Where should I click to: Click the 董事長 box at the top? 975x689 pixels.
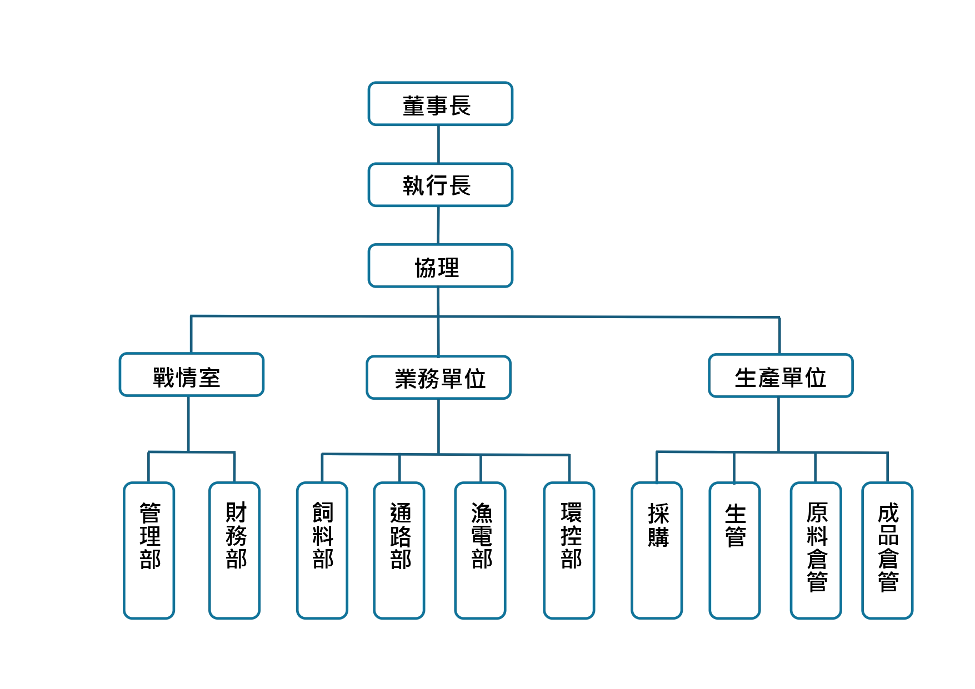(440, 104)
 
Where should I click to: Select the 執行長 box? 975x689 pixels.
(440, 185)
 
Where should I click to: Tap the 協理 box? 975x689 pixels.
(440, 266)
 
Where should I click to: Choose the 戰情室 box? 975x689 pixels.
(191, 375)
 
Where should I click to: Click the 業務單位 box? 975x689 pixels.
(438, 378)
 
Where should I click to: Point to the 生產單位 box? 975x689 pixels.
(780, 376)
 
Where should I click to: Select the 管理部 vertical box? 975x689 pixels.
(149, 550)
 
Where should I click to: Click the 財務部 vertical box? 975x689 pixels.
(234, 550)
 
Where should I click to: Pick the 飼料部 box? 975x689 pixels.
(322, 550)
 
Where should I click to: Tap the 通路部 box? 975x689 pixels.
(399, 550)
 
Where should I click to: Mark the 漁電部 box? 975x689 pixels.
(480, 550)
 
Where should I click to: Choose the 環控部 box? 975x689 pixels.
(569, 550)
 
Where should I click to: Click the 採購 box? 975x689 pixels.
(657, 550)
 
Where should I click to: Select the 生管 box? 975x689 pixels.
(734, 550)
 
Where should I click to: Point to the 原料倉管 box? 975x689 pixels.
(816, 550)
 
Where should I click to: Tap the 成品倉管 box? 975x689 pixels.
(887, 550)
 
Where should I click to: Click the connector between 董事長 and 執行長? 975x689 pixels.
(439, 144)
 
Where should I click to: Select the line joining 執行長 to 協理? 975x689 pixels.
(439, 225)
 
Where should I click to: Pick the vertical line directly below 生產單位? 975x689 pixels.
(779, 424)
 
